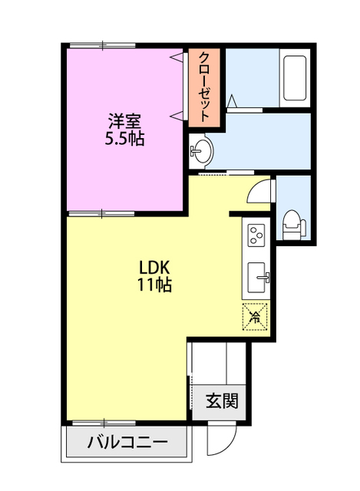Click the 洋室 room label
coord(124,121)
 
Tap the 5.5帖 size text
coord(124,139)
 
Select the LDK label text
coord(154,268)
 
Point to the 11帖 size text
coord(154,285)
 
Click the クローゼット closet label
coord(204,87)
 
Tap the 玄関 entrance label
coord(222,400)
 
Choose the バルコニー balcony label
coord(127,442)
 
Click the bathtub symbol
coord(295,78)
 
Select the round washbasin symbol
coord(200,151)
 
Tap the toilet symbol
coord(293,225)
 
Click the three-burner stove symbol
coord(256,236)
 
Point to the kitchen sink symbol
coord(258,278)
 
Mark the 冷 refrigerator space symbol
coord(255,317)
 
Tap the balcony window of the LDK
coord(104,423)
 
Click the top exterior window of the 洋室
coord(102,45)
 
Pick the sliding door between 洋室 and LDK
coord(101,214)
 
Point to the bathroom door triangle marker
coord(232,101)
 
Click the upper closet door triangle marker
coord(176,57)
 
